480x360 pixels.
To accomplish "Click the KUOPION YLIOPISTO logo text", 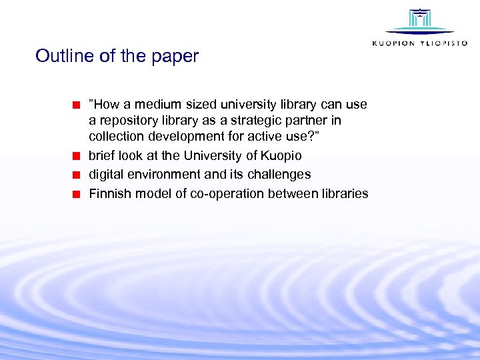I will coord(420,43).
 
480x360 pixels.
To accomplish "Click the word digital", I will coord(105,175).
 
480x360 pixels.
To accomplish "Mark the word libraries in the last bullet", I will coord(341,194).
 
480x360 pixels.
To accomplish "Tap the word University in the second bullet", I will coord(221,156).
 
